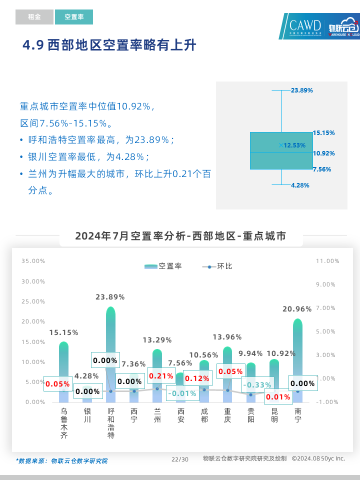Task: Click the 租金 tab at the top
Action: click(34, 17)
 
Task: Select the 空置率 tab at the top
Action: click(74, 17)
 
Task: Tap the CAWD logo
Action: click(305, 26)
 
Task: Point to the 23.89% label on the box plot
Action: click(301, 90)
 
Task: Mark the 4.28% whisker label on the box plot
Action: click(300, 185)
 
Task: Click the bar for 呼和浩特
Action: click(110, 350)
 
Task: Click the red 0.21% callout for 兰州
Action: click(161, 376)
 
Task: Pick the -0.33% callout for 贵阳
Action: click(257, 385)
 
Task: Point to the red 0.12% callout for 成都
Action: click(197, 378)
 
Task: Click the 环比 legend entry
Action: click(217, 266)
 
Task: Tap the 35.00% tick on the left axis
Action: click(33, 261)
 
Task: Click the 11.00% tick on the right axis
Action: click(327, 261)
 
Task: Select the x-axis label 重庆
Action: click(227, 415)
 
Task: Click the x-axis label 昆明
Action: click(274, 415)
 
